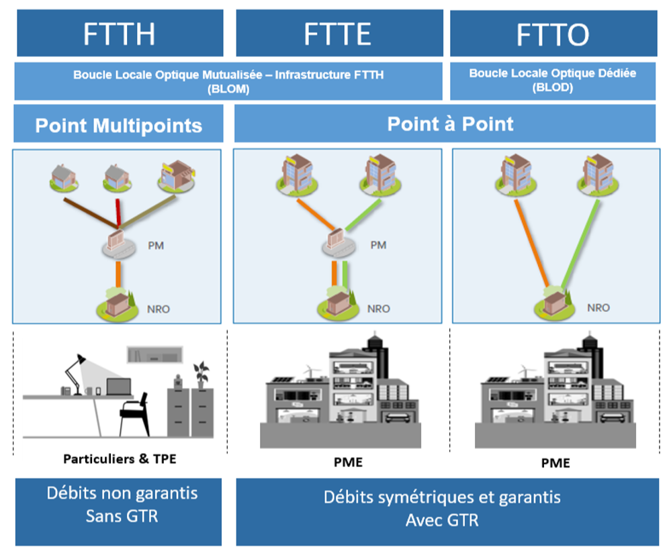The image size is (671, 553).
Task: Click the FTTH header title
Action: [119, 34]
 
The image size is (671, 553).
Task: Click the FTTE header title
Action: [337, 34]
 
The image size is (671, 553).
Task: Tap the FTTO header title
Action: [553, 35]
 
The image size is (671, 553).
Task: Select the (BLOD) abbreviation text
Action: [553, 88]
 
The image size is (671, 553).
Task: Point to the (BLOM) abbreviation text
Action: [228, 89]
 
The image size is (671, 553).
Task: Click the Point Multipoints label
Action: [118, 125]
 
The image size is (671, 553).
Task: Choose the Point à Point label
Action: [450, 124]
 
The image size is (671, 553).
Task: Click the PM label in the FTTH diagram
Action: [156, 246]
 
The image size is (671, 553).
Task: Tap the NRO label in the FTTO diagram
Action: [598, 308]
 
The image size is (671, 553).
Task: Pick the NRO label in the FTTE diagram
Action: [378, 309]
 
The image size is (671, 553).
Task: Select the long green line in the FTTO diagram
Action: [580, 244]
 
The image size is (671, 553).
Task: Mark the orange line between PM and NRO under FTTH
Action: [118, 274]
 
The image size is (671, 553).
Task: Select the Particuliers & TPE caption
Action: [120, 459]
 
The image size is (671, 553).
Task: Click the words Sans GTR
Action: [122, 516]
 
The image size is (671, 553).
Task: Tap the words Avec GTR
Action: [442, 521]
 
